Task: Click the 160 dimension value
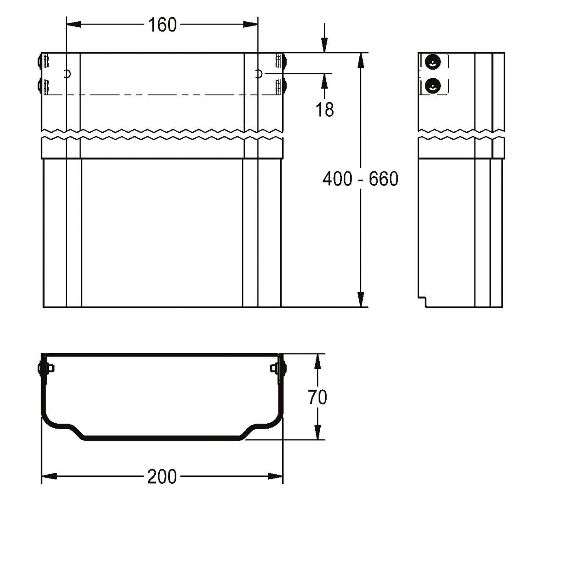pyautogui.click(x=162, y=25)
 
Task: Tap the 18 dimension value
pyautogui.click(x=325, y=109)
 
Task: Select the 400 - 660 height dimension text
pyautogui.click(x=360, y=179)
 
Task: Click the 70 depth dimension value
pyautogui.click(x=317, y=397)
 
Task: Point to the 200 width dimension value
pyautogui.click(x=162, y=477)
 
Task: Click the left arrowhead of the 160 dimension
pyautogui.click(x=73, y=24)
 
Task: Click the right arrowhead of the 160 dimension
pyautogui.click(x=250, y=24)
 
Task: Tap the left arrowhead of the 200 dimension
pyautogui.click(x=49, y=476)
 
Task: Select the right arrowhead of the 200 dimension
pyautogui.click(x=276, y=476)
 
